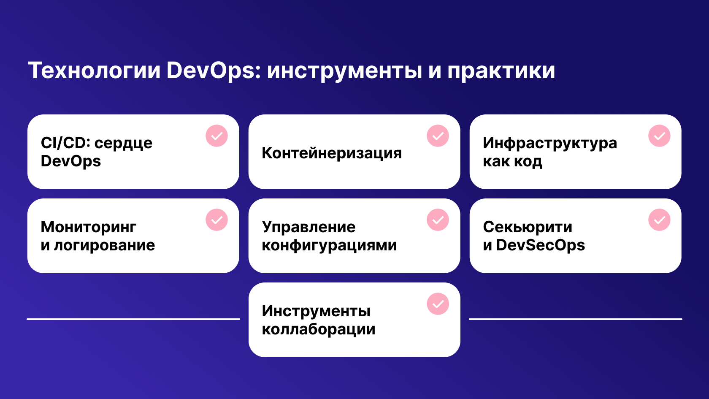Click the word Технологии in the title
pos(95,70)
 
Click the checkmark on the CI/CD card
pos(217,136)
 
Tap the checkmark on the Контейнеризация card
pos(438,136)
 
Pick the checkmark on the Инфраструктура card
pos(659,136)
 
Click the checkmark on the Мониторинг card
pos(217,220)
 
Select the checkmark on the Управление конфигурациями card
pos(438,220)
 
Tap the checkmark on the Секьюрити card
pos(659,220)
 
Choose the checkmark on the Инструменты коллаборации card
pos(438,304)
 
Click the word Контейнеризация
pos(332,153)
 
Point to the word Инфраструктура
pos(550,144)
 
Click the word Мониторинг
pos(89,228)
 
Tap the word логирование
pos(104,246)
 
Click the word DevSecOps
pos(540,245)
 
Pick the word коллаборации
pos(318,329)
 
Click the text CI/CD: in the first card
pos(65,143)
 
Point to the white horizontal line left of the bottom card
pos(133,319)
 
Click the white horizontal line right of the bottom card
pos(576,319)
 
